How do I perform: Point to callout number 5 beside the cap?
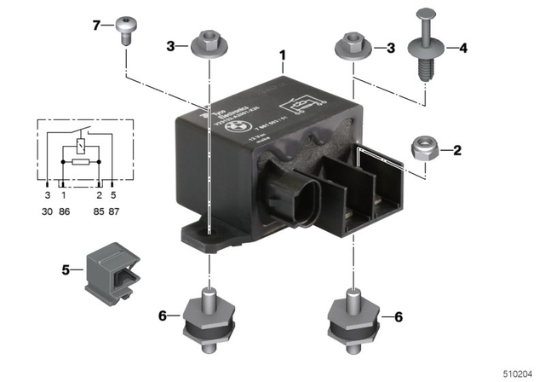click(66, 271)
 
